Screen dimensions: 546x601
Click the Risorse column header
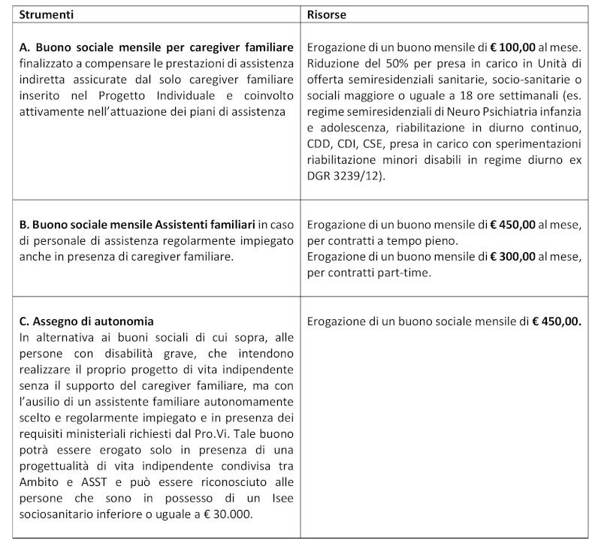click(x=327, y=14)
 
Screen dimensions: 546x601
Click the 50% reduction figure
click(x=391, y=64)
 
